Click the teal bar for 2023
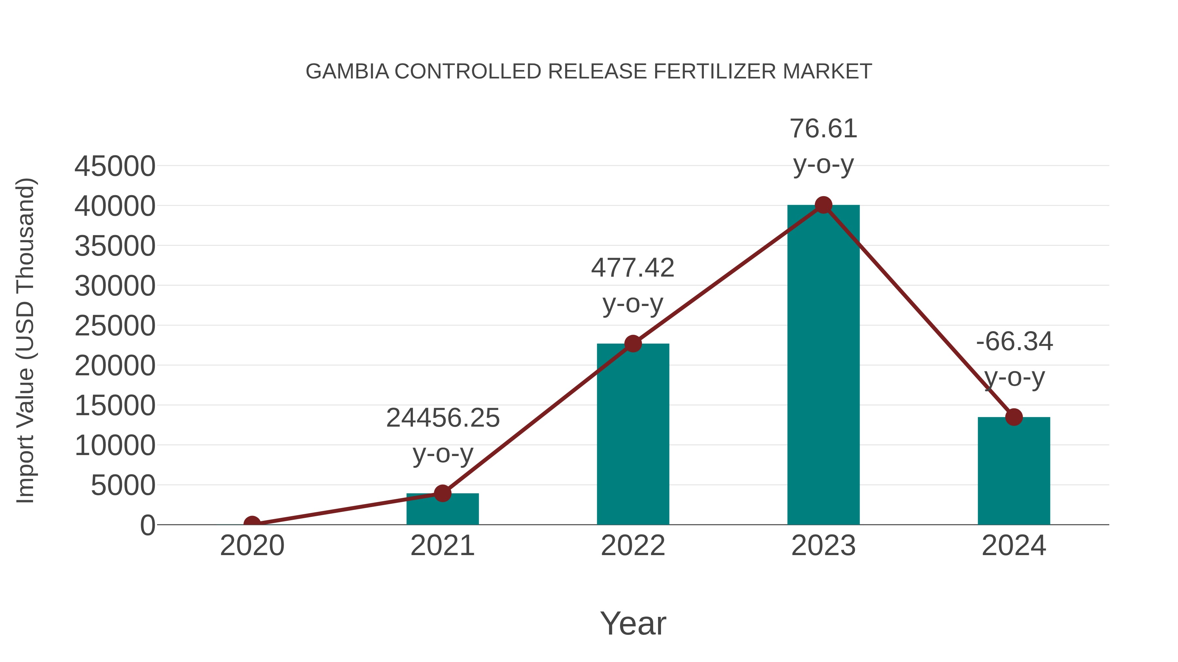click(823, 365)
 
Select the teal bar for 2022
click(633, 434)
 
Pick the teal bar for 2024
click(1014, 470)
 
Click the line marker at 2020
click(252, 524)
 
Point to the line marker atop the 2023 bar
click(823, 205)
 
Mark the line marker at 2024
click(1014, 417)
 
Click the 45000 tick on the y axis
click(115, 166)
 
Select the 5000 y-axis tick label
click(123, 485)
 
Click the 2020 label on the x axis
click(252, 546)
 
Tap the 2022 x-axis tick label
click(633, 546)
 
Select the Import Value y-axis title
click(26, 340)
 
